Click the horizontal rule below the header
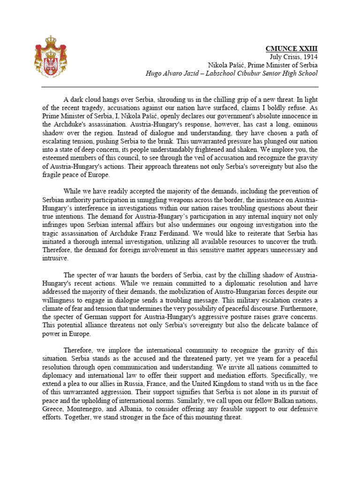(180, 87)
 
